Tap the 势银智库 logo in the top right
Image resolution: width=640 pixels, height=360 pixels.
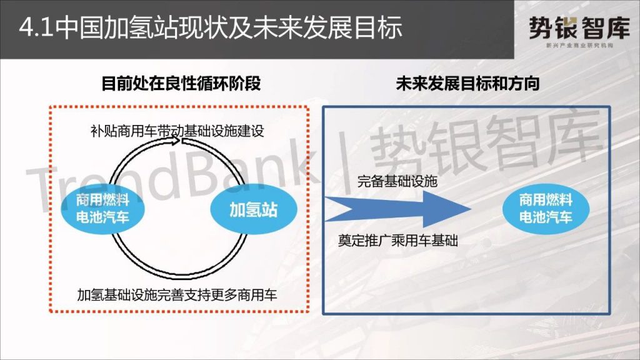[579, 31]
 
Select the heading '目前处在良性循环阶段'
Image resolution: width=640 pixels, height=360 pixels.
[181, 83]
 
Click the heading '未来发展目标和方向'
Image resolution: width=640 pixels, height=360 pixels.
[467, 83]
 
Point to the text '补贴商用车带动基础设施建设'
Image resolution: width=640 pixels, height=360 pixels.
[177, 131]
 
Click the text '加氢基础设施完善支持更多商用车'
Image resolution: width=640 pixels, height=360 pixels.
[177, 294]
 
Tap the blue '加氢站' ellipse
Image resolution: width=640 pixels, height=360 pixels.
[254, 209]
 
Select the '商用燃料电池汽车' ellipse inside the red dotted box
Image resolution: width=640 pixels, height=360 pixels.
[103, 209]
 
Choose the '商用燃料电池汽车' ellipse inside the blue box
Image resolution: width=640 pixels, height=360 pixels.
[546, 209]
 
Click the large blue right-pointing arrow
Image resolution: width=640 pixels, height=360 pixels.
[398, 209]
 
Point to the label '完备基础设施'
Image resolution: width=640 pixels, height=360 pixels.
[397, 181]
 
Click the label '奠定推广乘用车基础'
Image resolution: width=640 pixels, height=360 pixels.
[398, 241]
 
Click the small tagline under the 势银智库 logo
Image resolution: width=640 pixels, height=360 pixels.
[579, 45]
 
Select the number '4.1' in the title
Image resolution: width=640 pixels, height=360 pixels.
[36, 28]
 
